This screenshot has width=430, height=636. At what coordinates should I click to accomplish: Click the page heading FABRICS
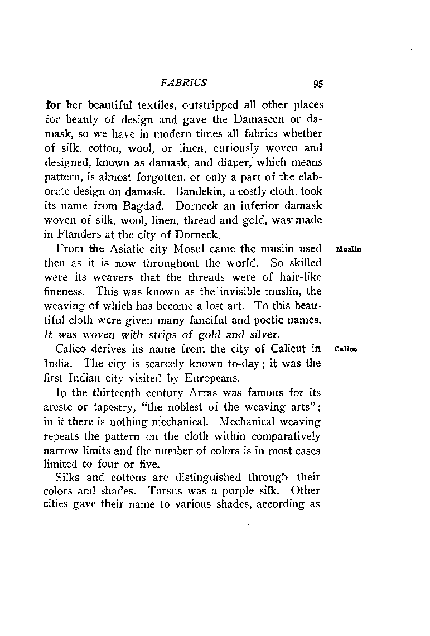[183, 83]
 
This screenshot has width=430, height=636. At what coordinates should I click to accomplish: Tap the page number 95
[318, 84]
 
